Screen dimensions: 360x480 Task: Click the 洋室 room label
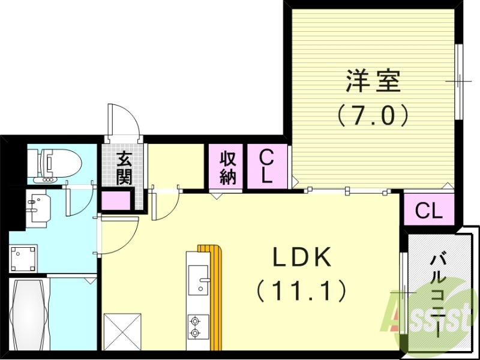point(373,82)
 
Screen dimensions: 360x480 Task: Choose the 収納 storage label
point(227,168)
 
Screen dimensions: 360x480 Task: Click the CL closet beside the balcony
point(429,211)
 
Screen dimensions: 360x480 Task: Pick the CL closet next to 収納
point(266,167)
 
